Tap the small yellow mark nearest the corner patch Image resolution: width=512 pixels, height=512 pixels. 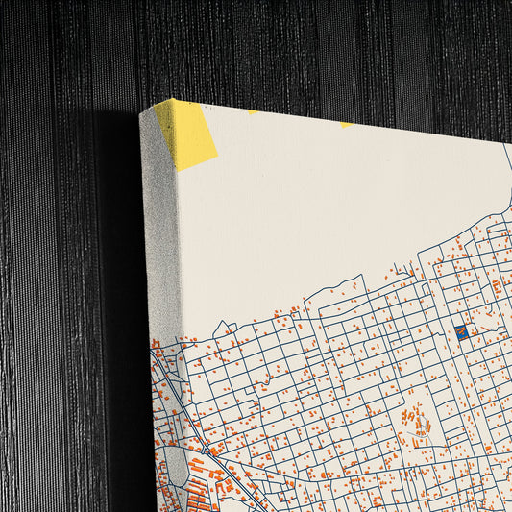pos(254,111)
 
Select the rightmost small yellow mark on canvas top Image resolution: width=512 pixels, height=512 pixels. pos(346,124)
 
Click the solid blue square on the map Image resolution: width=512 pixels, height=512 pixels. pos(462,332)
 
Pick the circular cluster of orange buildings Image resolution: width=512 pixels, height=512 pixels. pos(419,424)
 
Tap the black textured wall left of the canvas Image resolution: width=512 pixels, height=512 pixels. pos(58,288)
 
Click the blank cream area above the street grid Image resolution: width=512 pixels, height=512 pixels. pos(317,202)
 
